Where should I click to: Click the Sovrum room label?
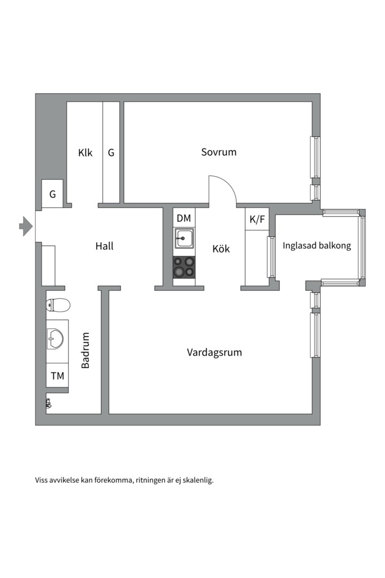tap(219, 152)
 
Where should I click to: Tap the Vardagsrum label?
tap(214, 352)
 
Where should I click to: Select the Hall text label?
tap(104, 246)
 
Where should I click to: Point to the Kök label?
tap(221, 248)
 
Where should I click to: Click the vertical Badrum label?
tap(86, 351)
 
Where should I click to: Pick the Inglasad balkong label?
tap(317, 246)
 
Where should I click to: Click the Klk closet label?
tap(85, 153)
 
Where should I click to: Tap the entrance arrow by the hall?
tap(26, 226)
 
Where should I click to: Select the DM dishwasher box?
tap(183, 218)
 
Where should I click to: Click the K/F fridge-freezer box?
tap(257, 219)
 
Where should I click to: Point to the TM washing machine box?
tap(57, 376)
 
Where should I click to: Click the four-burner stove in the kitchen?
tap(184, 267)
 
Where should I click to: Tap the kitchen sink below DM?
tap(184, 238)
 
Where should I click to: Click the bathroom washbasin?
tap(56, 338)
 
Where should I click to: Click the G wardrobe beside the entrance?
tap(52, 194)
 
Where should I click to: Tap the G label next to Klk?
tap(111, 153)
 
